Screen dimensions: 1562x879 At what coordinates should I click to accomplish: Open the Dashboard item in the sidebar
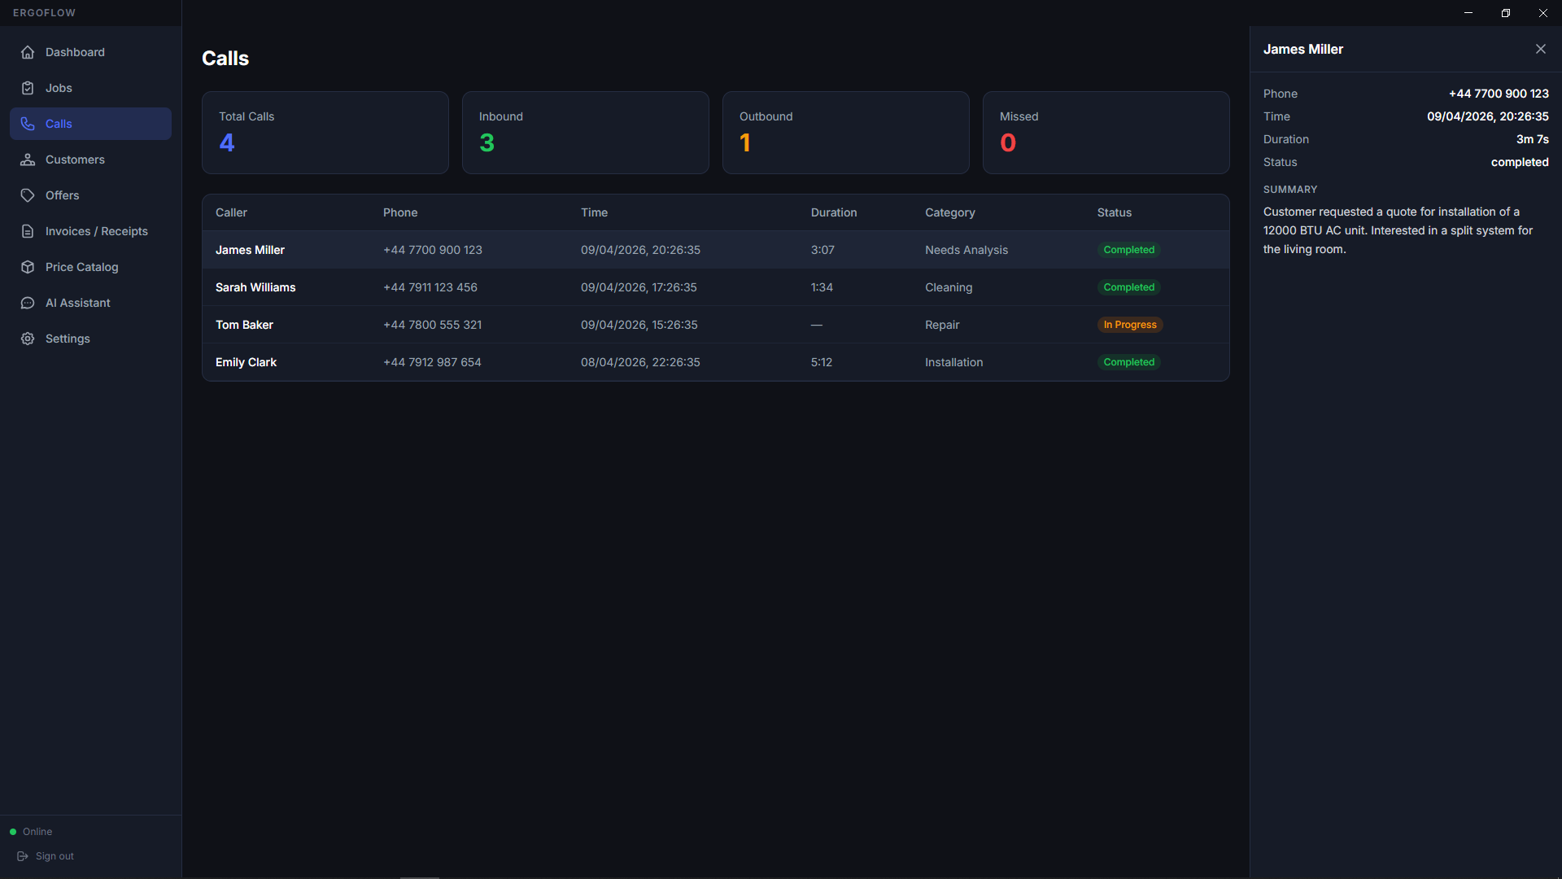(x=75, y=52)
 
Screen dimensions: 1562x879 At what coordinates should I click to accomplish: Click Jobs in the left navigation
(x=59, y=88)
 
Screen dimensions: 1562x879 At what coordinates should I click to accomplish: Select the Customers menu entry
(x=75, y=160)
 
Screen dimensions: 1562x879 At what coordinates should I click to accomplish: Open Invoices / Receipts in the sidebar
(x=96, y=231)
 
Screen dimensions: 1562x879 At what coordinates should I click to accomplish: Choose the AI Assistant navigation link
(x=77, y=303)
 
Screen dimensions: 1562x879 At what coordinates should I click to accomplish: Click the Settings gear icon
(x=28, y=339)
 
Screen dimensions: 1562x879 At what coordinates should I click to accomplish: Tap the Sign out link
(x=55, y=856)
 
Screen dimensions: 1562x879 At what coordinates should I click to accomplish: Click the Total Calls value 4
(x=227, y=142)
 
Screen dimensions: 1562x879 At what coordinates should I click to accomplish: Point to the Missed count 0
(x=1008, y=142)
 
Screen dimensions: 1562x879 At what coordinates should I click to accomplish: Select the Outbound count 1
(x=745, y=142)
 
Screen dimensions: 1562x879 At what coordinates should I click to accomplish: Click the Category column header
(x=949, y=212)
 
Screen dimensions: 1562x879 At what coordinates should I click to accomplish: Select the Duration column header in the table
(x=834, y=212)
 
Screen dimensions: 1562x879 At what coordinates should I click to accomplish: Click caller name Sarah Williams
(x=255, y=287)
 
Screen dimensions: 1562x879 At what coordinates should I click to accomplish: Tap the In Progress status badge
(x=1130, y=325)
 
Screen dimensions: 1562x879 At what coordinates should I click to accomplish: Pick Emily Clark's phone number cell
(x=432, y=362)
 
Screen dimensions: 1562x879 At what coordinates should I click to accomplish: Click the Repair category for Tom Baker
(x=942, y=325)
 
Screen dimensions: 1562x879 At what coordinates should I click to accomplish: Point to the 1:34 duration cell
(x=822, y=287)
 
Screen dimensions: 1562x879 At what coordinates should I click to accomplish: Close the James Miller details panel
(x=1541, y=49)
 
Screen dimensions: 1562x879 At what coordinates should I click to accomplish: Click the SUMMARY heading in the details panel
(x=1290, y=190)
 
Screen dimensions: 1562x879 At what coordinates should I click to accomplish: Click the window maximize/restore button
(x=1506, y=13)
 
